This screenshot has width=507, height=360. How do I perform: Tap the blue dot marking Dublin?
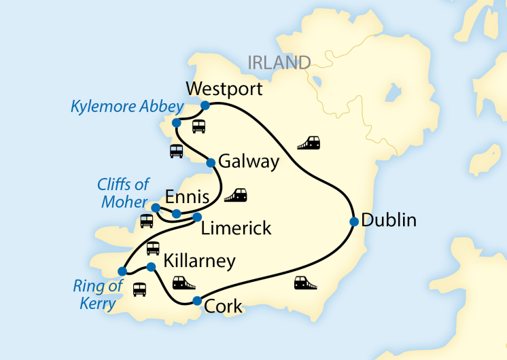click(x=354, y=221)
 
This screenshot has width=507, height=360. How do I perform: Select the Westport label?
click(x=224, y=90)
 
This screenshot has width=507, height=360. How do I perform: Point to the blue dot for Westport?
click(x=205, y=105)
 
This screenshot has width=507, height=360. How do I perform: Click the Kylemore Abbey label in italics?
click(x=127, y=107)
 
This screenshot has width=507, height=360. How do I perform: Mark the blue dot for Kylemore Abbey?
click(x=177, y=123)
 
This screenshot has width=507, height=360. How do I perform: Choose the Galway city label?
click(x=250, y=162)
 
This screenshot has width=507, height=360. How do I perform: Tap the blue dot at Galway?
click(x=211, y=163)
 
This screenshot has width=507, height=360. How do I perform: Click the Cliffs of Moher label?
click(x=124, y=194)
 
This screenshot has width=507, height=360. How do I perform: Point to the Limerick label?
click(x=236, y=228)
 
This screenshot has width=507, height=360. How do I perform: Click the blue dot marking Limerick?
click(x=198, y=217)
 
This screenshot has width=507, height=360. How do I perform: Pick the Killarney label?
click(x=200, y=261)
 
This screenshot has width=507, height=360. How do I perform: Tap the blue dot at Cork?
click(x=197, y=301)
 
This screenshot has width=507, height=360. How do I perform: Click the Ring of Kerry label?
click(x=98, y=294)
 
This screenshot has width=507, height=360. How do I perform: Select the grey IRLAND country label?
click(x=279, y=63)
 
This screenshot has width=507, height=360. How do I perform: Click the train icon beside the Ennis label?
click(x=235, y=196)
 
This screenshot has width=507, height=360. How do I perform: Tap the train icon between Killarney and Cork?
click(x=183, y=283)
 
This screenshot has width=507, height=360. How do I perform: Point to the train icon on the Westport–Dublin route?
click(x=309, y=143)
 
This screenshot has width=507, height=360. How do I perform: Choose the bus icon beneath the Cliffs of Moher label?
click(x=147, y=221)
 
